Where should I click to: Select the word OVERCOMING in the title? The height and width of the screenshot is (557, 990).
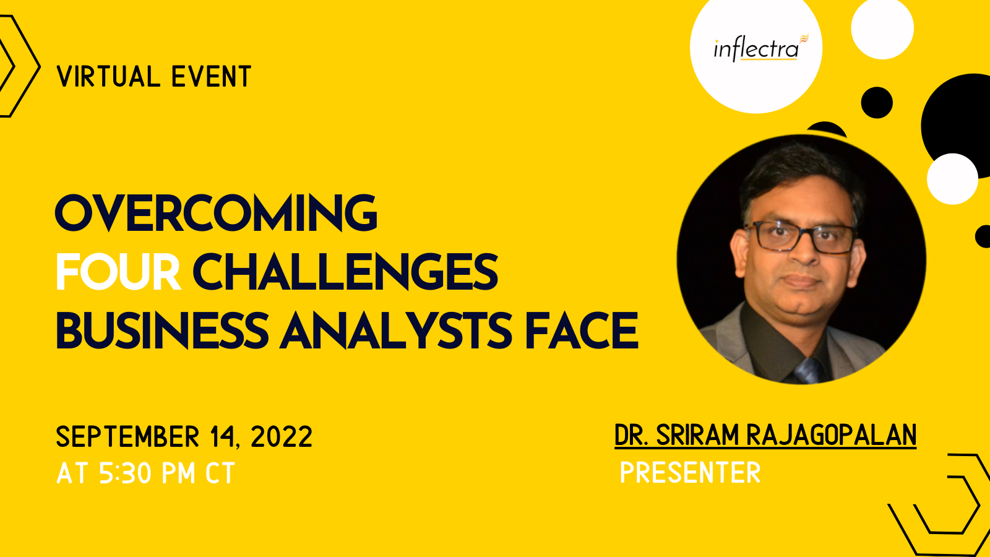216,213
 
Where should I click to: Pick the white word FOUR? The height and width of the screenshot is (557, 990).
118,272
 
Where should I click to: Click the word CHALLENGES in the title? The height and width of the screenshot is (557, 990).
346,272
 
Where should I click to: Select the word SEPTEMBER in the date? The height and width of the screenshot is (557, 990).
127,437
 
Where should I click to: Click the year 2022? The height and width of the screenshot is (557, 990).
282,437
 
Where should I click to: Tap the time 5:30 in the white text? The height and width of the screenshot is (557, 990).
124,473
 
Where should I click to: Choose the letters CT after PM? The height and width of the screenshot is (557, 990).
220,473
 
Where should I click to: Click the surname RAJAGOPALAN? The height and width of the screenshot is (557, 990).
832,435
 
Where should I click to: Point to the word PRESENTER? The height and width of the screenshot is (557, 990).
691,473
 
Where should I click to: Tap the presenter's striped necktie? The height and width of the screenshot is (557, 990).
808,371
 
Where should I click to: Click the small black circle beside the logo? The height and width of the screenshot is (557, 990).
877,103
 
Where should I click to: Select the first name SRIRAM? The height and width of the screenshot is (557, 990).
697,435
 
